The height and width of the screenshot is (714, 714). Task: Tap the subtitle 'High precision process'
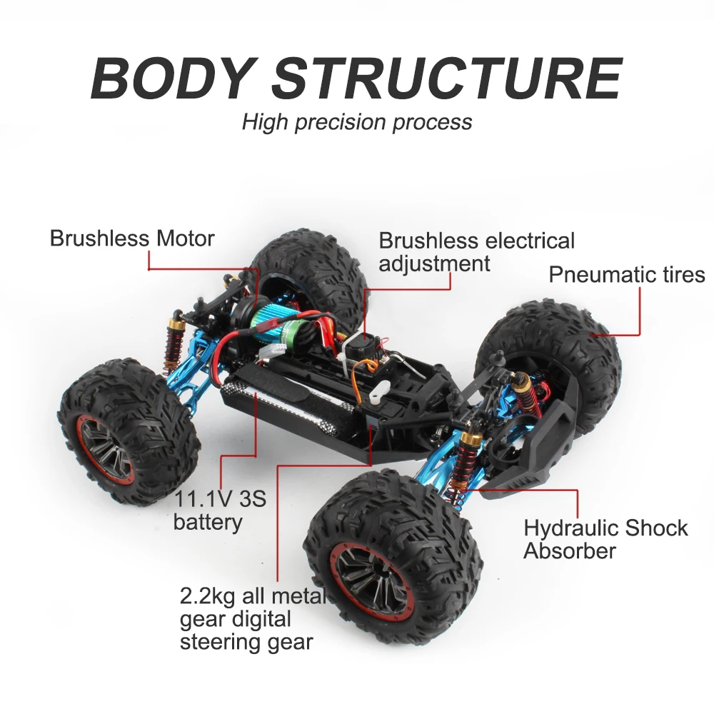[357, 122]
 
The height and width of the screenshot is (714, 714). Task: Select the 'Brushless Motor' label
[132, 238]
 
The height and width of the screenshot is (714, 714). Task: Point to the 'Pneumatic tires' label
[627, 275]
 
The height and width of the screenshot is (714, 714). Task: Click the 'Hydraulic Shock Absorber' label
[605, 540]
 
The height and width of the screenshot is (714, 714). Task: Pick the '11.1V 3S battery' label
[220, 511]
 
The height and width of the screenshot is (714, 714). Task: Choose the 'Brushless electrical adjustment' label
[477, 252]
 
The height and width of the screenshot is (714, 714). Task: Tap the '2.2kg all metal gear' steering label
[253, 619]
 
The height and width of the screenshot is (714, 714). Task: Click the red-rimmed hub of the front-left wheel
[104, 449]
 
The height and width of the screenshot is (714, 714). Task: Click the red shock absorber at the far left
[174, 341]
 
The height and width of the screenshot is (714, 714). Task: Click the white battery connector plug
[276, 350]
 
